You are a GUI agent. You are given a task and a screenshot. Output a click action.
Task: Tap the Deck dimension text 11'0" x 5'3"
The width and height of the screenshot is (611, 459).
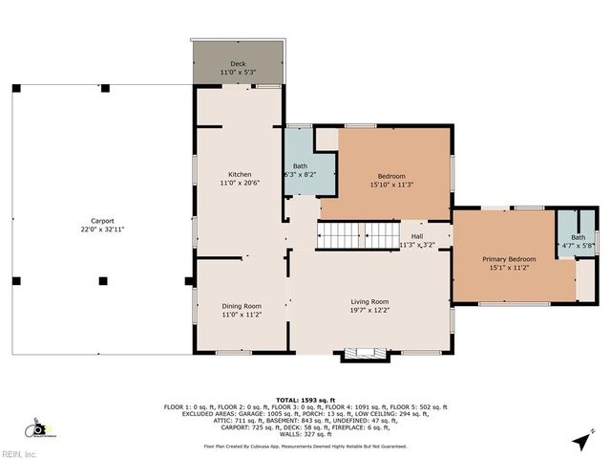click(238, 73)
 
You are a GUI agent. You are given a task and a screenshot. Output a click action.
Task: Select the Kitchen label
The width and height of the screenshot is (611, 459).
click(239, 174)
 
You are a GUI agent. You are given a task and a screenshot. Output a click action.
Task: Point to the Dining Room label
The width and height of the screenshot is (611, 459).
click(241, 306)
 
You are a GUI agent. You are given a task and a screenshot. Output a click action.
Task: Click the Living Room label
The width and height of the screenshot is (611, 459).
click(369, 301)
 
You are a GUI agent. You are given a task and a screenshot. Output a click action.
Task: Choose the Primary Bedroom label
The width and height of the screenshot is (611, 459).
click(508, 259)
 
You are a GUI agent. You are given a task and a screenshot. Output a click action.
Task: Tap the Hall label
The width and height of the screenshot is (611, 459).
click(416, 236)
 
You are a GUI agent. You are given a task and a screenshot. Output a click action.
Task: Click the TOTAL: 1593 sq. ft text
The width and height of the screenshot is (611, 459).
click(305, 400)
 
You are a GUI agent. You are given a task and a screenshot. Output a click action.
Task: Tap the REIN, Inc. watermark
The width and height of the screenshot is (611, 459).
click(19, 453)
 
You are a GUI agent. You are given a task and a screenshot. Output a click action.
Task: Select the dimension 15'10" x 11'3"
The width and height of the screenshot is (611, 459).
click(391, 185)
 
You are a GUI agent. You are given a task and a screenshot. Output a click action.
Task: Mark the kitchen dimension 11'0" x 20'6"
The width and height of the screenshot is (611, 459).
click(239, 183)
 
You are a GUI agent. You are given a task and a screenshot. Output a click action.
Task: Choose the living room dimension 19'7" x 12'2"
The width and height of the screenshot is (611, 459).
click(369, 310)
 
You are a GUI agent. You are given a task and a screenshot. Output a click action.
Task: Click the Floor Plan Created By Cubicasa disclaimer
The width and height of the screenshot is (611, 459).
click(305, 446)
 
